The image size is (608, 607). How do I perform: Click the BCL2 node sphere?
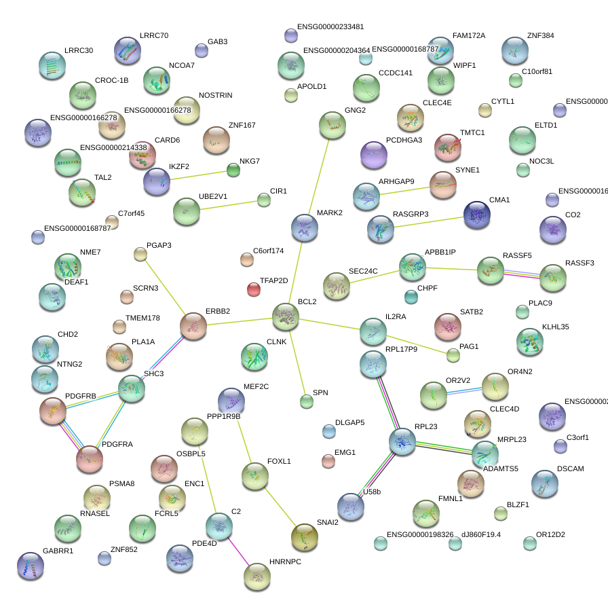pyautogui.click(x=286, y=317)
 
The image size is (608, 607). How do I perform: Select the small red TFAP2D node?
pyautogui.click(x=254, y=290)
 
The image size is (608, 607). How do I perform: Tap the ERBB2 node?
pyautogui.click(x=193, y=326)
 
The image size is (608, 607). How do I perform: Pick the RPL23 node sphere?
pyautogui.click(x=402, y=441)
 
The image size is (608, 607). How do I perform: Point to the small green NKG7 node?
pyautogui.click(x=233, y=170)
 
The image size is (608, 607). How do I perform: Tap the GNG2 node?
pyautogui.click(x=332, y=126)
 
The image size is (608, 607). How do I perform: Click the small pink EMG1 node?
pyautogui.click(x=328, y=462)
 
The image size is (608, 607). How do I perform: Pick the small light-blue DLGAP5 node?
pyautogui.click(x=329, y=430)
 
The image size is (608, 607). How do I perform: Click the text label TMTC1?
pyautogui.click(x=472, y=132)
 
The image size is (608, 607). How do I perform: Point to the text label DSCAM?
pyautogui.click(x=570, y=469)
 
